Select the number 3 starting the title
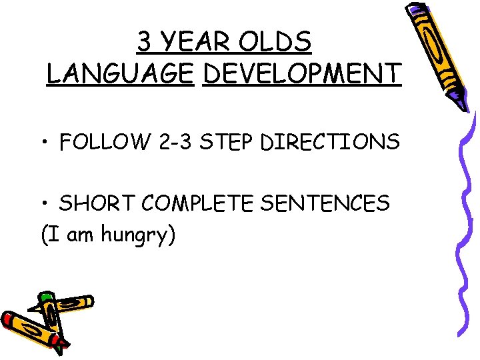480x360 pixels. click(144, 42)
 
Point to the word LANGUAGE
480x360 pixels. click(119, 73)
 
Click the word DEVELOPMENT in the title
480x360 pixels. click(302, 73)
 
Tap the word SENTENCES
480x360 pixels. click(325, 203)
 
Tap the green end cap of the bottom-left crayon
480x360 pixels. click(45, 297)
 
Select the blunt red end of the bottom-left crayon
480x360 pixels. click(7, 319)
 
